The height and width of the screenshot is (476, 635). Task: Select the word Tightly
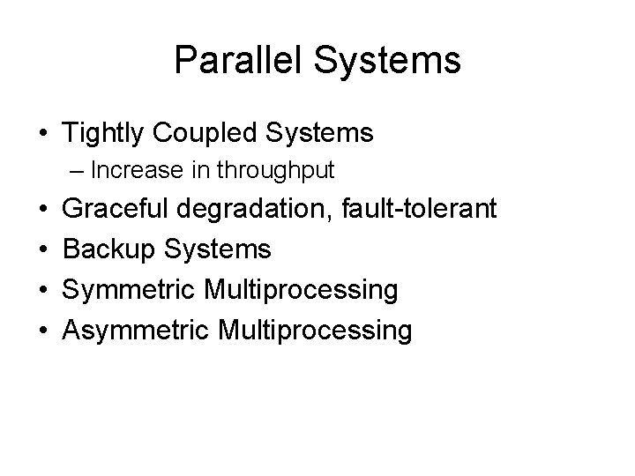pyautogui.click(x=104, y=134)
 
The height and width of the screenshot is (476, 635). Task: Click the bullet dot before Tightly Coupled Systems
pyautogui.click(x=43, y=134)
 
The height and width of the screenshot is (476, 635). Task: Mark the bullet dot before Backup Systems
pyautogui.click(x=43, y=250)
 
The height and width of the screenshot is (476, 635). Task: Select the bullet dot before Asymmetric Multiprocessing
pyautogui.click(x=43, y=331)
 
